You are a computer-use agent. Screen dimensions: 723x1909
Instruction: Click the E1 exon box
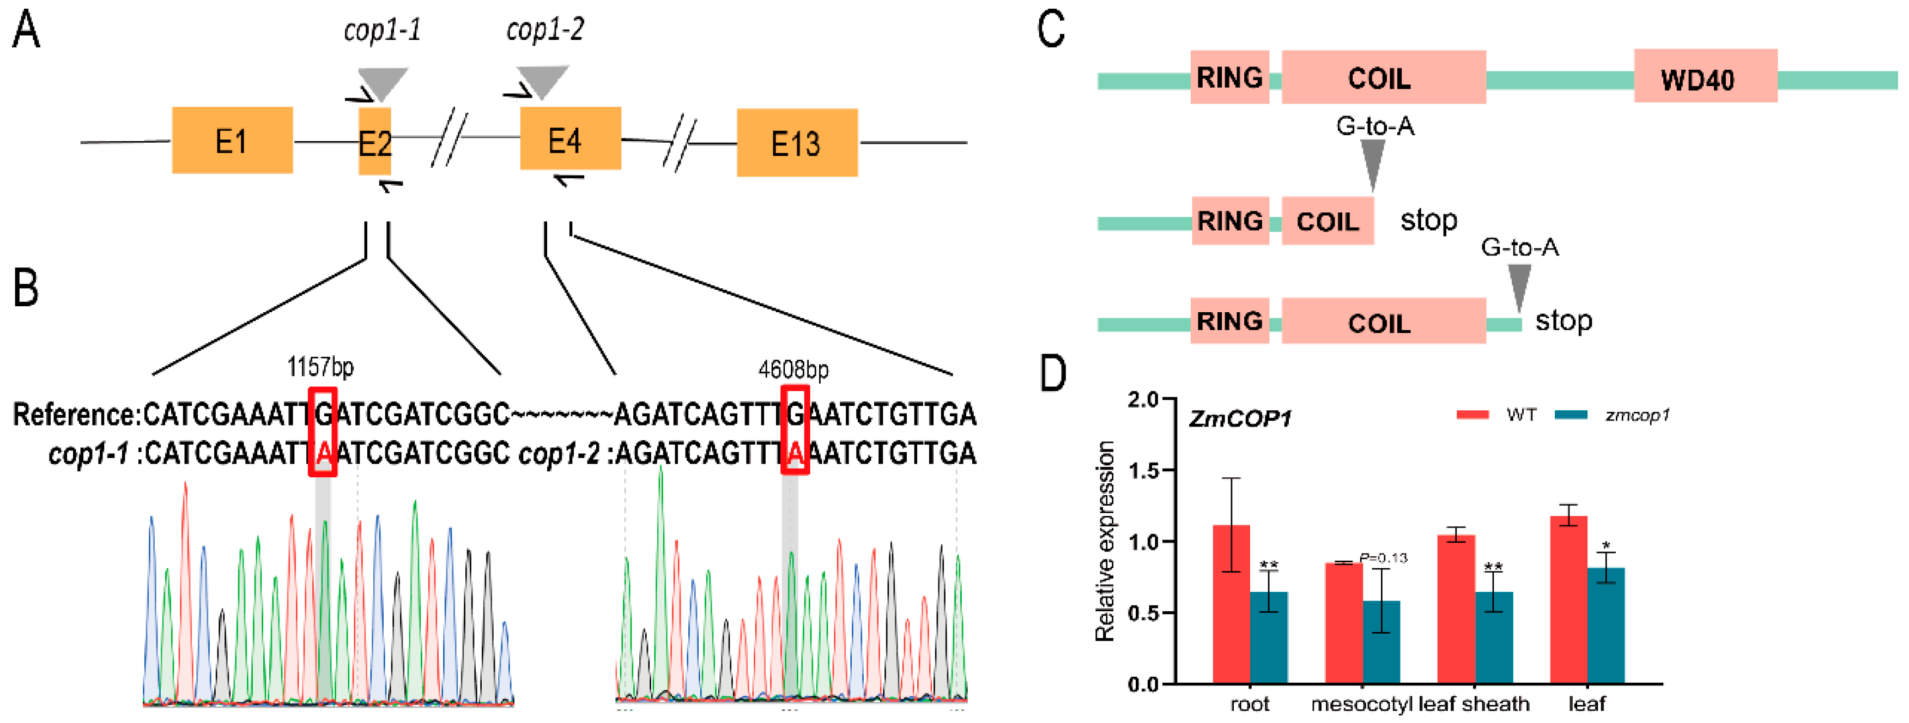(x=232, y=140)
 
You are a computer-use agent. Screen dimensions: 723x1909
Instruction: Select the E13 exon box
(x=797, y=143)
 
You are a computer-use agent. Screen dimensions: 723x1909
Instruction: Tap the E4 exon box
(x=570, y=138)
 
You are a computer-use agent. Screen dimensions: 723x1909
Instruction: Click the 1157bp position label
(x=320, y=367)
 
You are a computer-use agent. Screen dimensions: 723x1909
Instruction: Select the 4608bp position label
(x=793, y=369)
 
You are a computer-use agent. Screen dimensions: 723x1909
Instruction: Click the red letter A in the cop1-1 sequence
(x=323, y=453)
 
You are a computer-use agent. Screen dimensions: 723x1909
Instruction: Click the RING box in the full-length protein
(x=1229, y=77)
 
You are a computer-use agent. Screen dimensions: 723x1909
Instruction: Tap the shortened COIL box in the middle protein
(x=1328, y=221)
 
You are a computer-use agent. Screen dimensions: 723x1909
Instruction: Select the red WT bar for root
(x=1231, y=604)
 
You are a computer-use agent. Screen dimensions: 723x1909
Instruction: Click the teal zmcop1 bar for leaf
(x=1605, y=625)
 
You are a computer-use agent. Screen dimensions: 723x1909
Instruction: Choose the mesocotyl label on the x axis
(x=1361, y=704)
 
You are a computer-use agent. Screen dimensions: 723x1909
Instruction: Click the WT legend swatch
(x=1472, y=415)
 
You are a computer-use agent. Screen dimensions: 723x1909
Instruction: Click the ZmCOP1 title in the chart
(x=1240, y=420)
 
